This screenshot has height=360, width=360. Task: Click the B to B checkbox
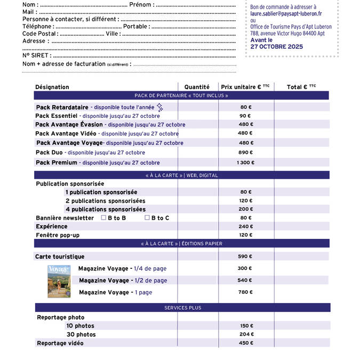click(x=103, y=218)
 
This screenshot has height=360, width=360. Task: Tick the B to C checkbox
click(x=147, y=218)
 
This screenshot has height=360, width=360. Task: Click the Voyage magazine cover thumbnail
click(x=59, y=281)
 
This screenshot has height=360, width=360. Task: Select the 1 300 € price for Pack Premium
click(x=245, y=163)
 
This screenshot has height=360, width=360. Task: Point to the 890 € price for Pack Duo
click(x=245, y=153)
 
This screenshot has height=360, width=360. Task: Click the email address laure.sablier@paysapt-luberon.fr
click(x=286, y=14)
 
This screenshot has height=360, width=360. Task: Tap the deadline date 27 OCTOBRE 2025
click(x=277, y=47)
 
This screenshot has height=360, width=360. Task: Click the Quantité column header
click(x=197, y=87)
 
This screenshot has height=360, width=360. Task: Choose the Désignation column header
click(x=52, y=87)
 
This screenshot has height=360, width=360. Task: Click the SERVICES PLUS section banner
click(x=182, y=308)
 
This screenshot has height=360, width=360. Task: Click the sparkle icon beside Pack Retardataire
click(x=159, y=107)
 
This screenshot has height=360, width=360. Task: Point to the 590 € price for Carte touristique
click(x=245, y=257)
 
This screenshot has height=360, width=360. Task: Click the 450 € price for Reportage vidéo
click(x=246, y=343)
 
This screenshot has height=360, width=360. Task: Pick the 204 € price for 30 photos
click(x=246, y=334)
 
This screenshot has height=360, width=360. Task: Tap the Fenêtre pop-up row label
click(x=58, y=235)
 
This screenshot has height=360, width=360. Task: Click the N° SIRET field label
click(x=36, y=55)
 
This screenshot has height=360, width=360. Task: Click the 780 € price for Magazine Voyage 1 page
click(x=245, y=292)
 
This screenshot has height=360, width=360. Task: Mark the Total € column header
click(x=301, y=87)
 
